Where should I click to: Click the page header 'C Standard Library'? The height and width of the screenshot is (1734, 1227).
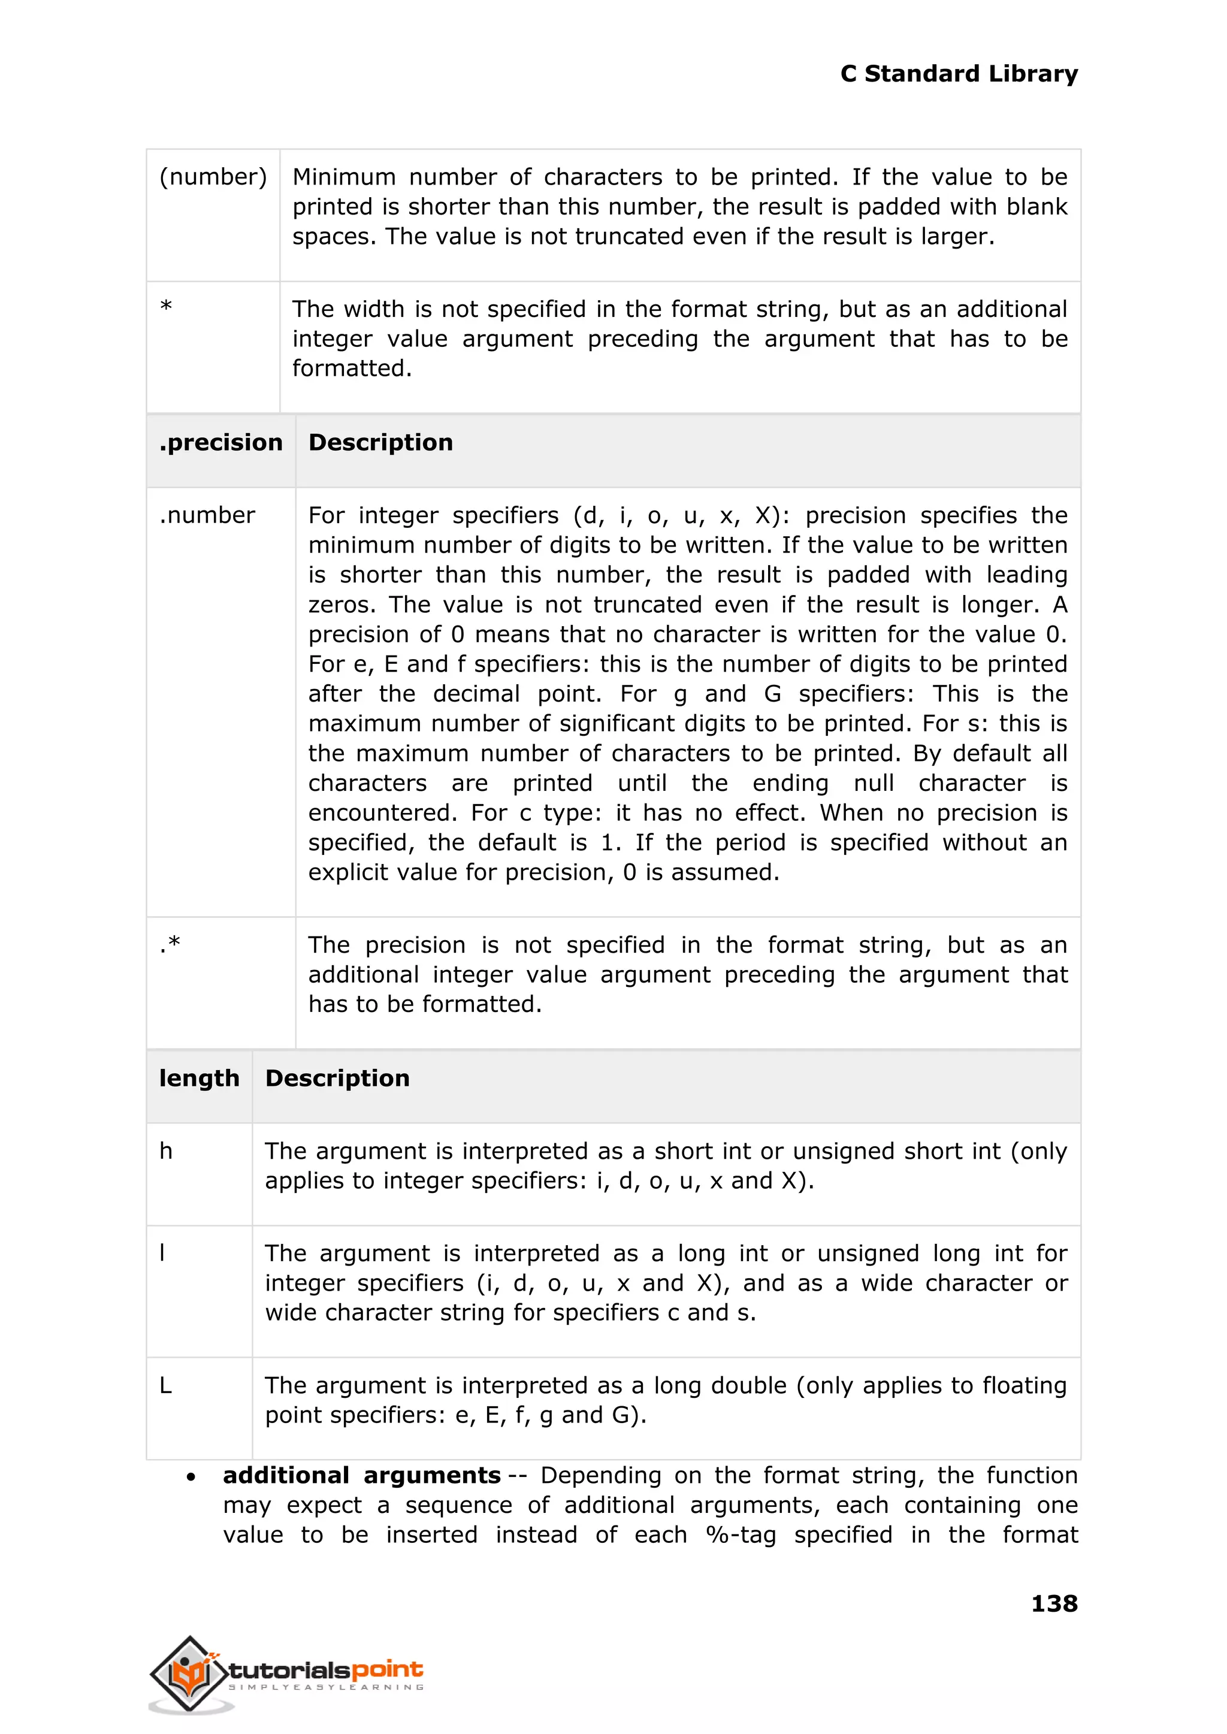coord(958,74)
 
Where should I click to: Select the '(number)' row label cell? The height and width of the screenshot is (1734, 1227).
coord(213,177)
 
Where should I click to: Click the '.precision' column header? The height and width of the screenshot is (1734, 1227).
coord(220,443)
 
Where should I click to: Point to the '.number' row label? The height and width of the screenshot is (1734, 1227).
coord(207,515)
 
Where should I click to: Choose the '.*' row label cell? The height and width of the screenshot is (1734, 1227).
coord(170,944)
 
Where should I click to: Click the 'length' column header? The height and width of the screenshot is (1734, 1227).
coord(199,1078)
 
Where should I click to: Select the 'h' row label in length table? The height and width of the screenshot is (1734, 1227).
coord(166,1152)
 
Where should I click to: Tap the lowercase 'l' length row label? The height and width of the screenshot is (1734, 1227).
coord(162,1253)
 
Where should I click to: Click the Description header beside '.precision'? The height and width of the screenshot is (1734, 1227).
coord(381,443)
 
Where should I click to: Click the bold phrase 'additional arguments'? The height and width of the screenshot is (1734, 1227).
coord(361,1476)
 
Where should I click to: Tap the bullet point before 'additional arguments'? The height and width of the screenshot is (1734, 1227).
coord(191,1477)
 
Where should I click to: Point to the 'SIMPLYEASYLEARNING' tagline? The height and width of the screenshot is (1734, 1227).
coord(326,1687)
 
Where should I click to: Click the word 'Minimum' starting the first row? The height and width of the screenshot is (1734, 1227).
coord(344,177)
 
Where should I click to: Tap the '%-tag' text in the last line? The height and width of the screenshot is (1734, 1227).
coord(741,1535)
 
